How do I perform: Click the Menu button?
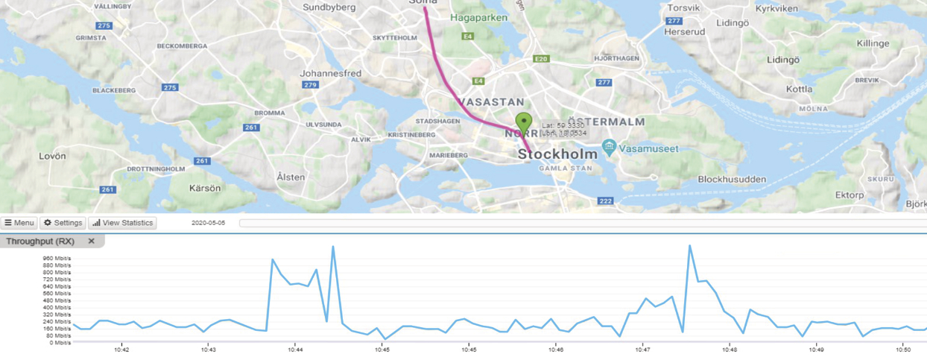coord(19,223)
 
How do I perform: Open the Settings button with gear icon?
coord(62,223)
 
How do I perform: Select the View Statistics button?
coord(122,223)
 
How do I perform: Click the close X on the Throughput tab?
coord(92,241)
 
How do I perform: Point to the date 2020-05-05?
coord(208,223)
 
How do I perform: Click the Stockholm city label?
coord(557,154)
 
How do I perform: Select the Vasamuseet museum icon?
coord(610,147)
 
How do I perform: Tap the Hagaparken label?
coord(484,17)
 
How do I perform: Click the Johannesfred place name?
coord(330,74)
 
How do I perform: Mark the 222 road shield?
coord(606,201)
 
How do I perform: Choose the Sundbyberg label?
coord(332,7)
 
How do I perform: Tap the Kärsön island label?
coord(206,188)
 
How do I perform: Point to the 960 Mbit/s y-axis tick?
coord(58,259)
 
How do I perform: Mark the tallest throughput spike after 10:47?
coord(690,245)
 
